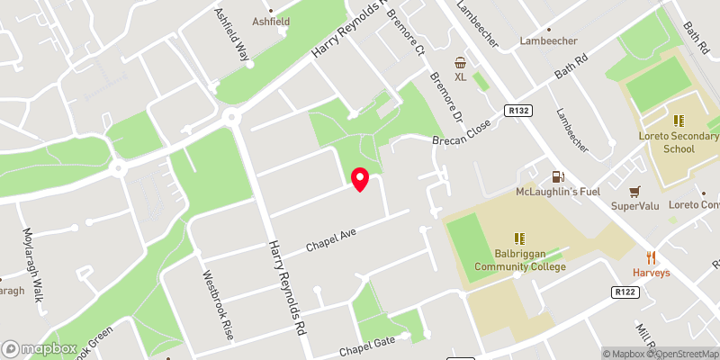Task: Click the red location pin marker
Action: [x=359, y=179]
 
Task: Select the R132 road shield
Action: [x=517, y=111]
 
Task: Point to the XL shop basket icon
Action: [x=460, y=62]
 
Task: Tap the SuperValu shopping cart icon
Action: [x=635, y=191]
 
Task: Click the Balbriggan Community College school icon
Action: [x=519, y=238]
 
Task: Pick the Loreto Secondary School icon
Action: [x=679, y=120]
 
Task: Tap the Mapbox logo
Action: [x=40, y=348]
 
